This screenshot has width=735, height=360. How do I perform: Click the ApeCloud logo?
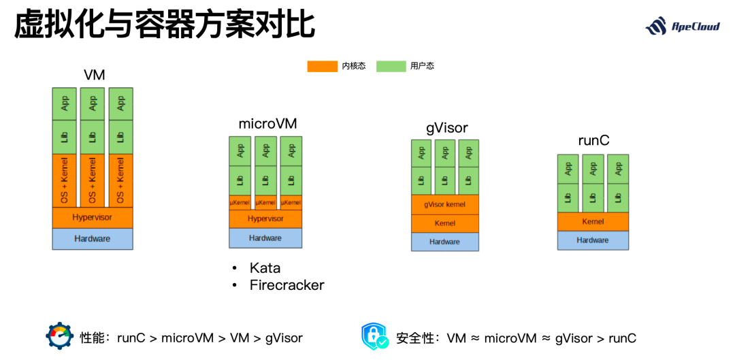tap(682, 27)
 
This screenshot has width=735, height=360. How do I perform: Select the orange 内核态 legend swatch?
tap(322, 66)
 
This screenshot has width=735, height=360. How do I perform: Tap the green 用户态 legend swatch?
tap(391, 66)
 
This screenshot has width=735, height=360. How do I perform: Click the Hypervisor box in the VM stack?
tap(93, 218)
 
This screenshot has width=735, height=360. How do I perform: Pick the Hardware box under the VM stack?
tap(93, 239)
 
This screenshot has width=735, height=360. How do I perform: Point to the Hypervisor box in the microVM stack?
tap(265, 219)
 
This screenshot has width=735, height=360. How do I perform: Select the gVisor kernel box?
tap(445, 204)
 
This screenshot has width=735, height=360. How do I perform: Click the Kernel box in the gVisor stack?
tap(445, 223)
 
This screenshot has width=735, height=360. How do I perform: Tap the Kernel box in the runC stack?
tap(593, 222)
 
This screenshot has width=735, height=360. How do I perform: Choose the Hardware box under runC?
tap(593, 240)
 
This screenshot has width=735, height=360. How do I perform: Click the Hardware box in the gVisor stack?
tap(445, 242)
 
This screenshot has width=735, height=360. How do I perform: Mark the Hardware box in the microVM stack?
tap(265, 238)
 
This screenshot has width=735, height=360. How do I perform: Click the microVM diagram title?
tap(267, 125)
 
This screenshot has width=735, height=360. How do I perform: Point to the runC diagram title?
tap(593, 140)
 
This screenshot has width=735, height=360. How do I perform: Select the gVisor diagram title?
tap(446, 128)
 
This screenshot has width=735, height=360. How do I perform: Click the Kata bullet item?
tap(265, 268)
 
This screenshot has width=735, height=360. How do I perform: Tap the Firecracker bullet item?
tap(287, 285)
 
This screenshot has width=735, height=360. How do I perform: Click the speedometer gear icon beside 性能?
tap(59, 336)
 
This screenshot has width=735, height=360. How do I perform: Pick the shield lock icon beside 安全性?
tap(375, 336)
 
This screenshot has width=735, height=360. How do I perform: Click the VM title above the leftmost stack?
tap(94, 75)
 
